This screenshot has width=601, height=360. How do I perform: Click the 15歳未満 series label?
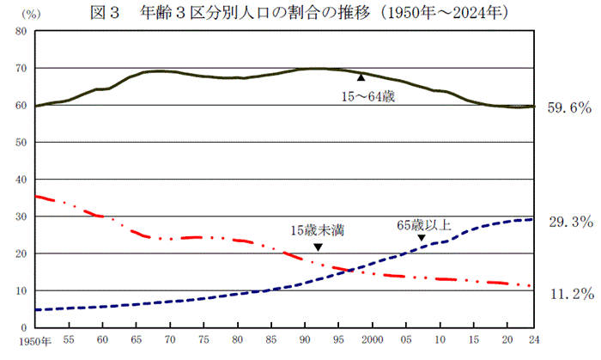317,229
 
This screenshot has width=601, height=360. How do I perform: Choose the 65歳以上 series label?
423,226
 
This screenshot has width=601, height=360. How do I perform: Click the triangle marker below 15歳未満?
319,247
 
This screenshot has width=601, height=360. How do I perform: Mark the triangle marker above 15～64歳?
361,78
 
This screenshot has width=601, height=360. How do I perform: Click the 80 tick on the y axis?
21,31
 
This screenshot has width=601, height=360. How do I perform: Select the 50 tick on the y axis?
21,143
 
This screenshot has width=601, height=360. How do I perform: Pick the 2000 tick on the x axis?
372,341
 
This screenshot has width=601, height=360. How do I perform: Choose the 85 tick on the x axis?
270,341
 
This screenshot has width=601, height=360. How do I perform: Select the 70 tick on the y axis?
21,68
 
